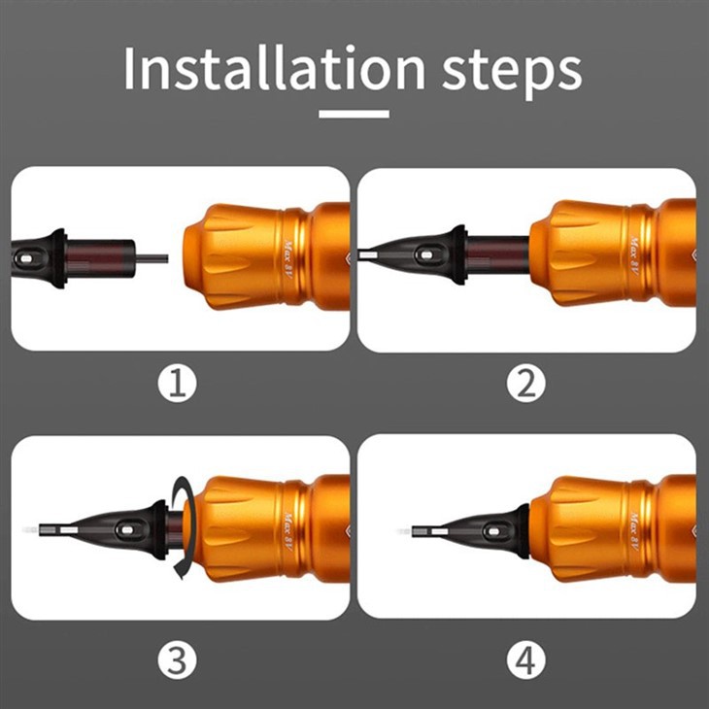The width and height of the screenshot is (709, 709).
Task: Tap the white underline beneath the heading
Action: click(354, 114)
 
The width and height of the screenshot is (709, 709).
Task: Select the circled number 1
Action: click(178, 385)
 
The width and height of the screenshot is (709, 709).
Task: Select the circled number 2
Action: click(526, 385)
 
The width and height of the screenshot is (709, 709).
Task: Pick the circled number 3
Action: click(178, 661)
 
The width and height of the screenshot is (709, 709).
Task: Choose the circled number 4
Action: click(526, 661)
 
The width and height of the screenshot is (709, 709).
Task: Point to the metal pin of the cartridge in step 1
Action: click(151, 258)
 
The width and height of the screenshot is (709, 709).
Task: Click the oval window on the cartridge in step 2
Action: click(424, 255)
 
